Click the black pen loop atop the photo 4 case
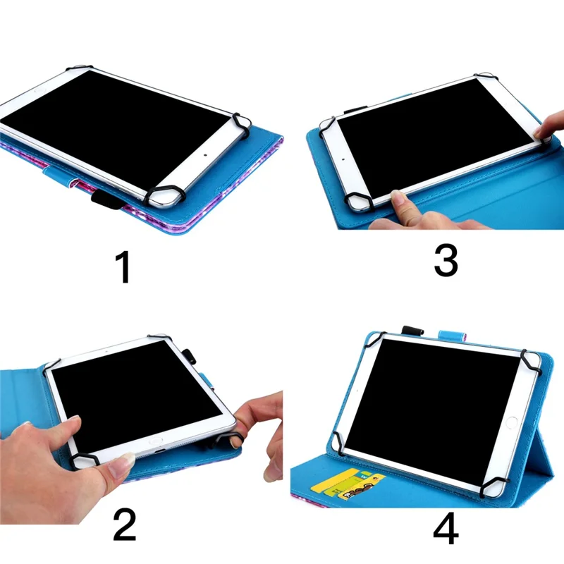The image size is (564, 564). click(411, 329)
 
